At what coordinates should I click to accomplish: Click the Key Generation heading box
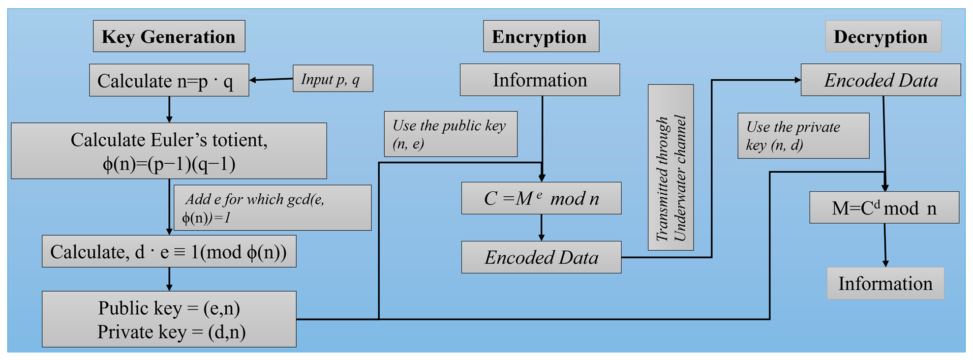tap(169, 36)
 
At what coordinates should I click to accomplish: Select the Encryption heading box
tap(541, 36)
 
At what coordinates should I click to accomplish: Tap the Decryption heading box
tap(882, 36)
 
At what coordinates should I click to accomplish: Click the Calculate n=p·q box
tap(169, 80)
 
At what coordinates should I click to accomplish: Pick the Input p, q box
tap(333, 79)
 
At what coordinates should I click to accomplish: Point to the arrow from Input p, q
tap(271, 79)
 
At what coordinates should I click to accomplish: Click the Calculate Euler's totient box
tap(169, 151)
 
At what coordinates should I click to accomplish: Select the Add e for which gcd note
tap(273, 208)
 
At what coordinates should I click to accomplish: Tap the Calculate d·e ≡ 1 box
tap(169, 251)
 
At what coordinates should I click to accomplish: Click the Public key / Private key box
tap(169, 319)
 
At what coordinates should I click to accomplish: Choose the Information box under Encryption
tap(540, 80)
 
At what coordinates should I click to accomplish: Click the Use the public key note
tap(450, 134)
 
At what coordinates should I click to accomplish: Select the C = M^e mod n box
tap(541, 198)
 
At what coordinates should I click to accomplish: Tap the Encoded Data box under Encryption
tap(541, 257)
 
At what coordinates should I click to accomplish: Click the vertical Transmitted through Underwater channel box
tap(670, 167)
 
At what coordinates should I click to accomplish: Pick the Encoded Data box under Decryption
tap(881, 80)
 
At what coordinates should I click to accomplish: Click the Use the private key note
tap(803, 136)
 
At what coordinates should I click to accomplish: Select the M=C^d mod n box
tap(884, 208)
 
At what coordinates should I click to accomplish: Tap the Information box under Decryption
tap(885, 283)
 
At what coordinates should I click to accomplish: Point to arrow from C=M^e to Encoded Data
tap(541, 228)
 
